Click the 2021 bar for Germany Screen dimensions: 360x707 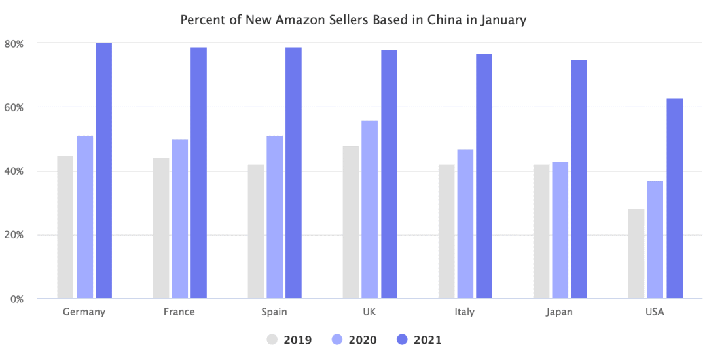(x=103, y=171)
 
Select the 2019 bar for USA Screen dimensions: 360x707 (x=636, y=254)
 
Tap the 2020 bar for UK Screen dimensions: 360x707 (x=370, y=209)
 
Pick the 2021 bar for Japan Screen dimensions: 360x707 (x=579, y=179)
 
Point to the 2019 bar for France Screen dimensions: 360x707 (x=161, y=228)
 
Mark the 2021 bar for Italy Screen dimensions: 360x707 (x=484, y=176)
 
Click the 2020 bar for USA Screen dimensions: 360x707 (x=655, y=240)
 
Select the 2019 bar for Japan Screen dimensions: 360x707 (x=541, y=232)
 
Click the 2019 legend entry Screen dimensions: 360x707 (x=289, y=340)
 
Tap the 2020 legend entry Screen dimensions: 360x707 (x=353, y=340)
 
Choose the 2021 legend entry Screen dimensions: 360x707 (x=419, y=340)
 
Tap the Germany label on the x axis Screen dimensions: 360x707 (x=84, y=312)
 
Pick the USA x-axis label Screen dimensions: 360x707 (x=655, y=312)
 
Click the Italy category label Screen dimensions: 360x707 (x=465, y=312)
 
